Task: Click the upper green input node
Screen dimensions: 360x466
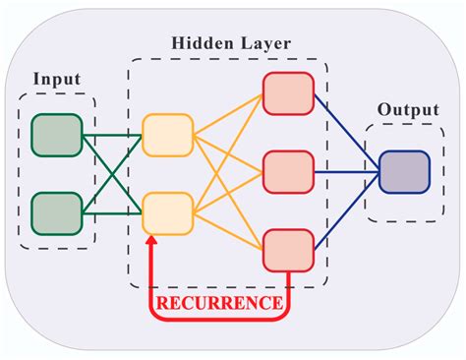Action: point(57,136)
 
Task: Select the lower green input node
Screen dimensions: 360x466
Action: point(57,211)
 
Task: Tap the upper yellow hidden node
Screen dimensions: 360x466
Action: point(167,136)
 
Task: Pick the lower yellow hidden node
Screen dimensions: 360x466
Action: point(167,211)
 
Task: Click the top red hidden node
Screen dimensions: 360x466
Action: point(287,93)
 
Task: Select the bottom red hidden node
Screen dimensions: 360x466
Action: point(287,250)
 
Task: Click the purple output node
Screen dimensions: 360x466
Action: point(404,171)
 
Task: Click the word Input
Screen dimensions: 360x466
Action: point(56,78)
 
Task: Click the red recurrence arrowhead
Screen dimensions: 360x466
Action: point(150,242)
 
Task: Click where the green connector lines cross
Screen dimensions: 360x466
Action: point(112,173)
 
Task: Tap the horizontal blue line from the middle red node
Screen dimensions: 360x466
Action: point(346,171)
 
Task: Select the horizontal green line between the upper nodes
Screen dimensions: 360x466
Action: point(112,136)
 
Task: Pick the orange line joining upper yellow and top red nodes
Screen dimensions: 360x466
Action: point(227,115)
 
